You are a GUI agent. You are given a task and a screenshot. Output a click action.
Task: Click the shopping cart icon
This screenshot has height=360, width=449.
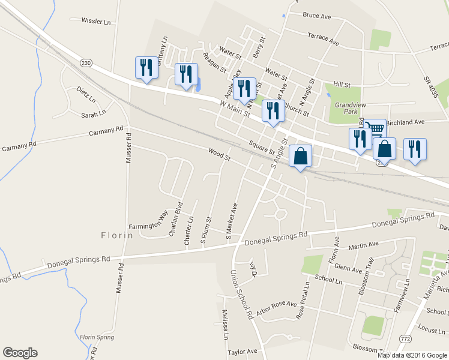[375, 127]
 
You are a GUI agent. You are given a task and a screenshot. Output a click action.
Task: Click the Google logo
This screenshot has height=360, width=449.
[20, 353]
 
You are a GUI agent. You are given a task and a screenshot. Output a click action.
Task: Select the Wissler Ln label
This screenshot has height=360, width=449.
[100, 21]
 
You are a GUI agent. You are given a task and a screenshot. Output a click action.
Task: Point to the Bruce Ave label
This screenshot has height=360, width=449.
[318, 16]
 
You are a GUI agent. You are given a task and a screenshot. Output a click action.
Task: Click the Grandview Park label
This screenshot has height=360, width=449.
[346, 108]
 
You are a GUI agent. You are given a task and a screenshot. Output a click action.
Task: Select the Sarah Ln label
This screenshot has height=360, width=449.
[94, 112]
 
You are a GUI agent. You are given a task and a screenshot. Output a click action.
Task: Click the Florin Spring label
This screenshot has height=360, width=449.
[97, 337]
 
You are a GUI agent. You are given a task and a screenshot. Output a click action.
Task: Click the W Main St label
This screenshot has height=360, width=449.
[235, 109]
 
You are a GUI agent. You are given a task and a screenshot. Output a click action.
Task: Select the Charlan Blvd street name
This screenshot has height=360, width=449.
[176, 221]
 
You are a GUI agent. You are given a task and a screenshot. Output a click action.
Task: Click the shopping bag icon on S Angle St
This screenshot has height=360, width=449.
[301, 156]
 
